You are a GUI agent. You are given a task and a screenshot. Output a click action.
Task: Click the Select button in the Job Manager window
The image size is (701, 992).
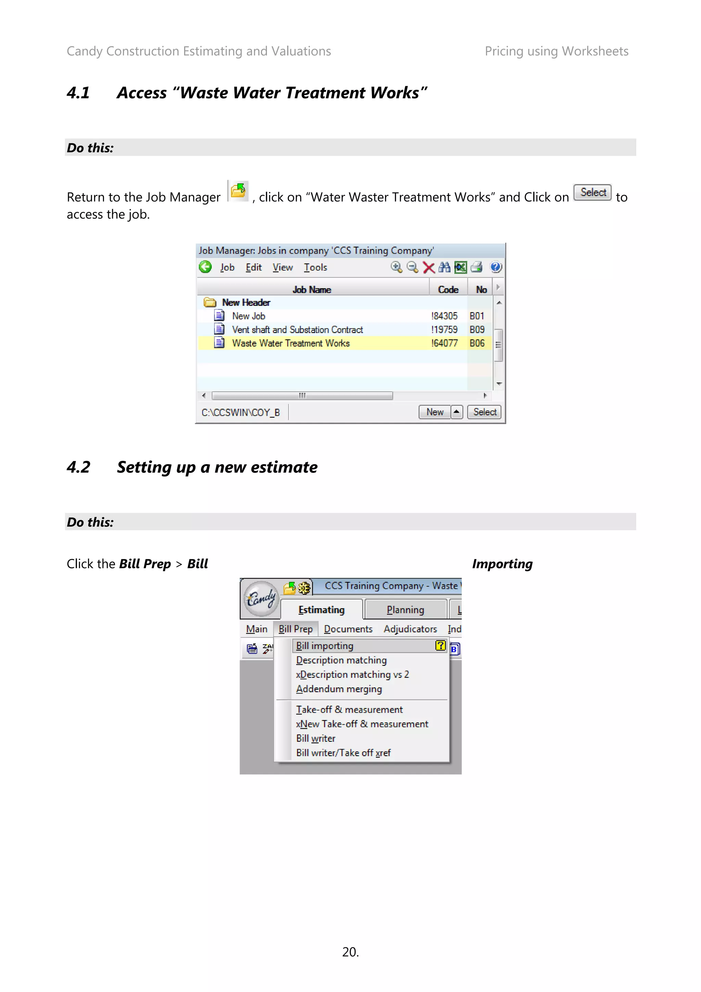[x=484, y=412]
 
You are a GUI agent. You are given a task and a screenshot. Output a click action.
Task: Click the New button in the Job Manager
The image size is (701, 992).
[x=434, y=412]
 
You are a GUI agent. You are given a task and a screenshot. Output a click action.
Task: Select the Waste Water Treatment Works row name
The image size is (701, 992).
[x=291, y=343]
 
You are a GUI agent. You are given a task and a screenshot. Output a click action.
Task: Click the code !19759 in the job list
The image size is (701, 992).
[x=444, y=330]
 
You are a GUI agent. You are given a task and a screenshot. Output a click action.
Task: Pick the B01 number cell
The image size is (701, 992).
[x=477, y=316]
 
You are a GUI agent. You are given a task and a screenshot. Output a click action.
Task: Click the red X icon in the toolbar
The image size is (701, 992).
[x=429, y=267]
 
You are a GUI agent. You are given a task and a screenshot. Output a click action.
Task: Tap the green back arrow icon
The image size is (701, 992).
[x=205, y=267]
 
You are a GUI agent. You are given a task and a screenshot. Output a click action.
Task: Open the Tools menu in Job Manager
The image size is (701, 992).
[x=315, y=267]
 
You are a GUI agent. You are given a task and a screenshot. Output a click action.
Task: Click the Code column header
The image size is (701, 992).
[x=448, y=290]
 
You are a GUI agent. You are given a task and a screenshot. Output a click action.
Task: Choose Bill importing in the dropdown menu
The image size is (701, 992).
[x=325, y=646]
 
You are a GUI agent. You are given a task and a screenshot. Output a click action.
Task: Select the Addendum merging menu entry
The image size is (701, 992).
[x=339, y=689]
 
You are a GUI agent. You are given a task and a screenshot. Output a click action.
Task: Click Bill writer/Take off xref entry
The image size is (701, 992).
[x=343, y=753]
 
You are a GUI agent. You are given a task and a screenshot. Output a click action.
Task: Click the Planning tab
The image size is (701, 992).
[x=405, y=610]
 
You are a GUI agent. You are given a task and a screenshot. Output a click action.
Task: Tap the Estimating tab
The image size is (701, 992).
[x=321, y=610]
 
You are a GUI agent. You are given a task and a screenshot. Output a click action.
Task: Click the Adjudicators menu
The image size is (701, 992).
[x=410, y=629]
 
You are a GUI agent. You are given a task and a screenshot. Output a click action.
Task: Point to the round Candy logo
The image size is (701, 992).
[x=260, y=598]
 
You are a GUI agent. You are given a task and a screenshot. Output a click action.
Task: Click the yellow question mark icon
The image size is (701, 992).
[x=440, y=646]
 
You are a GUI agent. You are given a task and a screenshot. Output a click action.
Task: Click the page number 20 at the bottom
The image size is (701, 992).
[x=350, y=952]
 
